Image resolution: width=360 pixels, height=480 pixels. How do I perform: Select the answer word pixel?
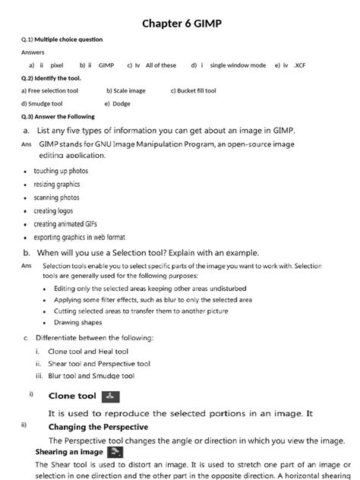tap(56, 65)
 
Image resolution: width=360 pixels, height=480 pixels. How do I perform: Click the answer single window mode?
tap(238, 65)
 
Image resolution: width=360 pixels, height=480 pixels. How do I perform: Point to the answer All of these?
tap(161, 65)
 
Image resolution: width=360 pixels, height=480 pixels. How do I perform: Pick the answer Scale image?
tap(130, 90)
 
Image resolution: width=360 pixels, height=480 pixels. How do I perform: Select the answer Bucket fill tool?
tap(197, 90)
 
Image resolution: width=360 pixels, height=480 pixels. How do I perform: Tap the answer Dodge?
tap(121, 103)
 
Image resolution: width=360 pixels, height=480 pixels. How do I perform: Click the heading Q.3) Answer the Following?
tap(58, 116)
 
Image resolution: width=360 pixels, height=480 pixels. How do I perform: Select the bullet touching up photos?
tap(61, 171)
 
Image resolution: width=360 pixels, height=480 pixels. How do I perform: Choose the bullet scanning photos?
tap(56, 197)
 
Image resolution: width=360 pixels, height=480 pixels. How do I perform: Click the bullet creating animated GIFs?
tap(65, 224)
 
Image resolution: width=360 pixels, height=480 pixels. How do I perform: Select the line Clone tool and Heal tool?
tap(88, 352)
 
